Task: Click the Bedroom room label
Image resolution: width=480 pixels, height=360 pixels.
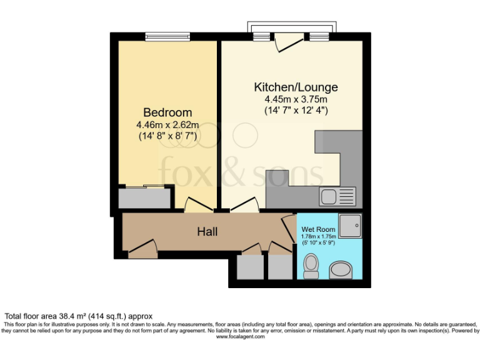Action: pos(167,112)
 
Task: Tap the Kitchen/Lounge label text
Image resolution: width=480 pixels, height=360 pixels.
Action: pos(296,87)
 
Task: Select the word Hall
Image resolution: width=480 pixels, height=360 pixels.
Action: pos(207,232)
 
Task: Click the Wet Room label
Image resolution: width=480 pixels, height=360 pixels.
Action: pos(319,229)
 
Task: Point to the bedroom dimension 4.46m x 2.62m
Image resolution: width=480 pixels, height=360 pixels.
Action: pos(167,124)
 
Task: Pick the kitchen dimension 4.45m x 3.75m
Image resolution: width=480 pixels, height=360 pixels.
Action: pos(296,99)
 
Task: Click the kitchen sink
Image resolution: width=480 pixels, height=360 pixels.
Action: pos(337,197)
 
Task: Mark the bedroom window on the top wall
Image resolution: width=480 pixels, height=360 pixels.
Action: pos(167,37)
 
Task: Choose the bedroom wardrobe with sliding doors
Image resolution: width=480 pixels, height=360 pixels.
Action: pos(144,197)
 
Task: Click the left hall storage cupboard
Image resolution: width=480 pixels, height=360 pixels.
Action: pos(250,266)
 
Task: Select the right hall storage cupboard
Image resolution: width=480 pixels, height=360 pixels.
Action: pos(280,266)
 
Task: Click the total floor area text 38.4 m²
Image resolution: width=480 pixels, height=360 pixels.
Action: pos(78,316)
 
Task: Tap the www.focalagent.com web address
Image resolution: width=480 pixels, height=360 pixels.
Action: pos(240,336)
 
